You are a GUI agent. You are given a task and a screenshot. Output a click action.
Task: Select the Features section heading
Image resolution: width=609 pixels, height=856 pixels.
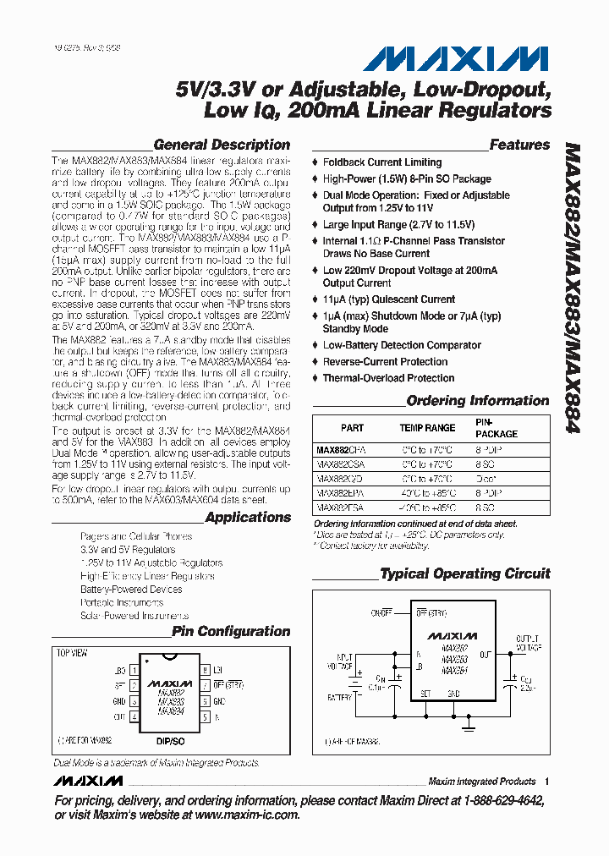[x=519, y=145]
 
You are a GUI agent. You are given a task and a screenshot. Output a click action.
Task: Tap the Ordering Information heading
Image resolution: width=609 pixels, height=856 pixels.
[x=477, y=401]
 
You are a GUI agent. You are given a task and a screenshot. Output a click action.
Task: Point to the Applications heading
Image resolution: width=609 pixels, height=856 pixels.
[x=247, y=518]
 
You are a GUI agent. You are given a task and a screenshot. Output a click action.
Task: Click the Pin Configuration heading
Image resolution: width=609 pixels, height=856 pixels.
[x=231, y=631]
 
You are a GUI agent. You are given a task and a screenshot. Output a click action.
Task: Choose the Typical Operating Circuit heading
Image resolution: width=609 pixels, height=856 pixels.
[x=465, y=573]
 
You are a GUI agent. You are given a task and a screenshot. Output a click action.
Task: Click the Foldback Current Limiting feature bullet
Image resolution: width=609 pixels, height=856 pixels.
[x=381, y=162]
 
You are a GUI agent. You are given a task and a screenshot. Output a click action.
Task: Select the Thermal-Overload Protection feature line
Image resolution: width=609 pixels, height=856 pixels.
[x=388, y=378]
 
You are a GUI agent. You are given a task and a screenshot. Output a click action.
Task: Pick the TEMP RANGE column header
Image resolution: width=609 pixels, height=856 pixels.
[x=427, y=428]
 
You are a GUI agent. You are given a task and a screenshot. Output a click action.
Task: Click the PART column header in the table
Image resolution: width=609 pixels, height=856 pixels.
[x=352, y=428]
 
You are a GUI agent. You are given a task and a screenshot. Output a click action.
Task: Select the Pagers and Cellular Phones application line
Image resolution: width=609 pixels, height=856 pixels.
[x=136, y=536]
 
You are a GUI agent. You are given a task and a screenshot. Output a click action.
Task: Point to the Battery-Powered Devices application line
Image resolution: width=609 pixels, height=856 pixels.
[x=131, y=590]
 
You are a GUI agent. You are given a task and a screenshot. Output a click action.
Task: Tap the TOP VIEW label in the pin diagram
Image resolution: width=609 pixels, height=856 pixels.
[x=72, y=654]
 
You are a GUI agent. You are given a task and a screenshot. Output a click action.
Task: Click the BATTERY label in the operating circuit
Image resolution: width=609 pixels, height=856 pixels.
[x=340, y=697]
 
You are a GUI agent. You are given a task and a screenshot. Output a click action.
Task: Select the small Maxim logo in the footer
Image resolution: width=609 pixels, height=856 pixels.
[x=90, y=781]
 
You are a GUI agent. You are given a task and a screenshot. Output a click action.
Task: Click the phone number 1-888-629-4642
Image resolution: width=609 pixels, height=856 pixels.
[x=493, y=800]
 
